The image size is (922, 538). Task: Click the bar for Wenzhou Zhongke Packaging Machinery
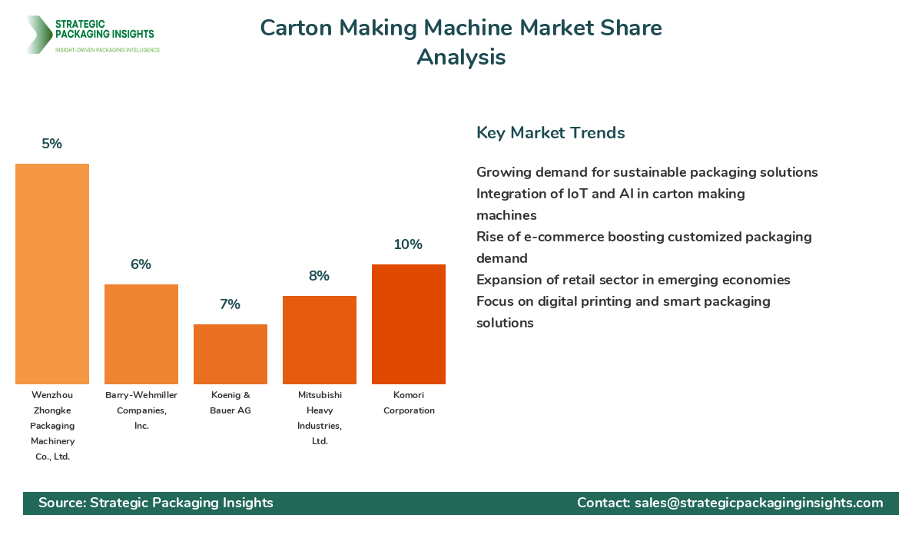[52, 274]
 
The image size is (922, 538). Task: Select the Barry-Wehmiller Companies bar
[141, 334]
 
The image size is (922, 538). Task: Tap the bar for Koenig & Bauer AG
[230, 354]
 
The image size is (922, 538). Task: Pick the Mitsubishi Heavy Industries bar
[320, 340]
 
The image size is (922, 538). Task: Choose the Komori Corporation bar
[409, 324]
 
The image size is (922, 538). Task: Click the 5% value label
[52, 144]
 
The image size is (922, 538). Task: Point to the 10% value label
[408, 244]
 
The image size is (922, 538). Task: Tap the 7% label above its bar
[230, 304]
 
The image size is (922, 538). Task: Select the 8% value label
[319, 276]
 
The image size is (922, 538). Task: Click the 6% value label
[141, 264]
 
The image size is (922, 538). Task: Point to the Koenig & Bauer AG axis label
[230, 403]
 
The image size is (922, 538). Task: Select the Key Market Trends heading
[550, 132]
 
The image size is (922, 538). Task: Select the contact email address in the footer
[759, 503]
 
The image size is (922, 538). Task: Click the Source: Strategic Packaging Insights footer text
[156, 503]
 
